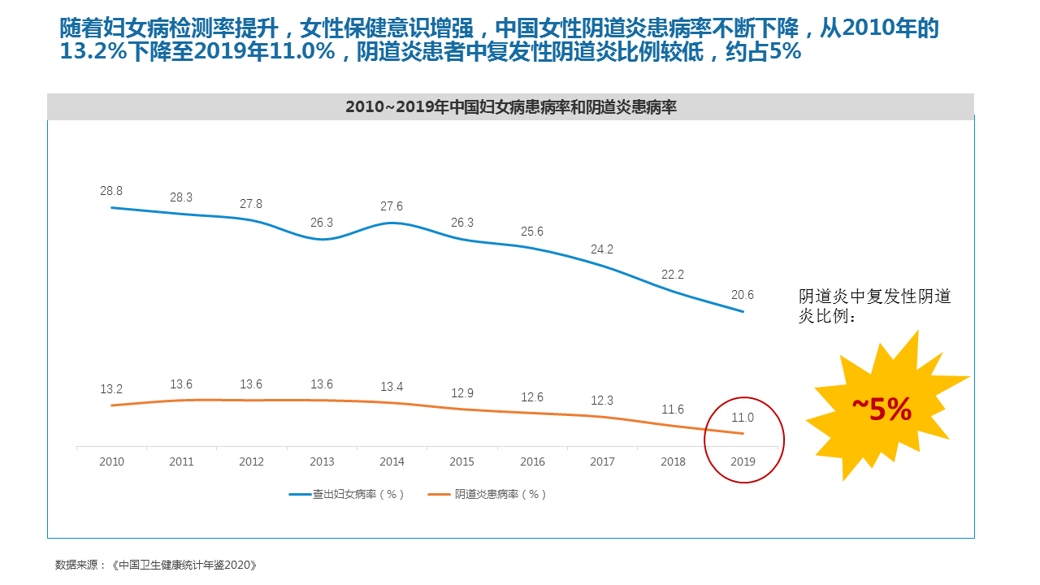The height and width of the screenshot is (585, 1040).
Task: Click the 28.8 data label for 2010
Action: pyautogui.click(x=111, y=191)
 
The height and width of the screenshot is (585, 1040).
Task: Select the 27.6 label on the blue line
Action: pyautogui.click(x=392, y=207)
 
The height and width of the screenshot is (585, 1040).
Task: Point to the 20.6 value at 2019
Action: pyautogui.click(x=743, y=295)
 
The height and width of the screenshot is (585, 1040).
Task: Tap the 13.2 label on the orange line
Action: pyautogui.click(x=111, y=389)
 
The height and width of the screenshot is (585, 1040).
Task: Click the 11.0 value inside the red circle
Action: pyautogui.click(x=743, y=418)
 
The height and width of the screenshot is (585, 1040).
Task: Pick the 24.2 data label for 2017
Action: pyautogui.click(x=602, y=249)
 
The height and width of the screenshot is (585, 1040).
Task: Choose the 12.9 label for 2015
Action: pyautogui.click(x=462, y=393)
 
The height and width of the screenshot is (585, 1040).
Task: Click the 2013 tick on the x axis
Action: pyautogui.click(x=322, y=461)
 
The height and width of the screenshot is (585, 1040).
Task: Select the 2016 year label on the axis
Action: pyautogui.click(x=532, y=461)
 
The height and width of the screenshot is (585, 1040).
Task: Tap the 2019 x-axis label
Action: pyautogui.click(x=743, y=461)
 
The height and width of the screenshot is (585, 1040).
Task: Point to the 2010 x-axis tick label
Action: pyautogui.click(x=111, y=461)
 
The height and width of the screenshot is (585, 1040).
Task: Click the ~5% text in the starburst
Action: pyautogui.click(x=882, y=409)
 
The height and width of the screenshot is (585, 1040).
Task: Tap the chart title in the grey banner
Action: pyautogui.click(x=510, y=106)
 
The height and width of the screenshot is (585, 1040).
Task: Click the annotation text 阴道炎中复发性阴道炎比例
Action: pyautogui.click(x=874, y=306)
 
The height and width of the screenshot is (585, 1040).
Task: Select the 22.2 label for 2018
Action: pyautogui.click(x=673, y=275)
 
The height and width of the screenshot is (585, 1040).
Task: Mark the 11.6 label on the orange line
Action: pyautogui.click(x=673, y=409)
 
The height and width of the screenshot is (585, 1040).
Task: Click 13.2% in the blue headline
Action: pyautogui.click(x=91, y=52)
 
